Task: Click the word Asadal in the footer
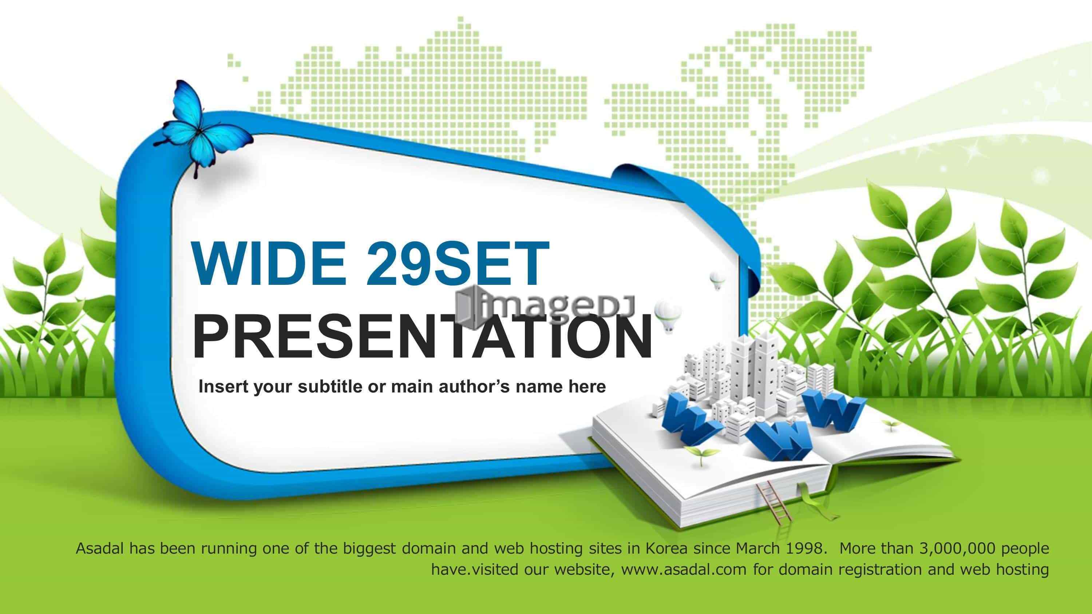(100, 548)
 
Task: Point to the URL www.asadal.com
(684, 570)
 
